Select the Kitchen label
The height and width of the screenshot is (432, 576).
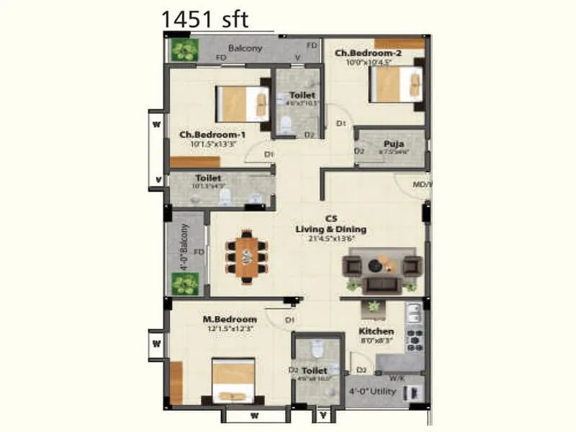376,331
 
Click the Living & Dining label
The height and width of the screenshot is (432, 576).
330,229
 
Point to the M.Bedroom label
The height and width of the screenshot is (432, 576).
230,319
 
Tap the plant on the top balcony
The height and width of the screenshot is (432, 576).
185,50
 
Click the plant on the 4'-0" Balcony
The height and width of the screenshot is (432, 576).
185,283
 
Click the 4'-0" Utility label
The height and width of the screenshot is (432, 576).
372,392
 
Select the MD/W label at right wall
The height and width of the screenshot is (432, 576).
422,184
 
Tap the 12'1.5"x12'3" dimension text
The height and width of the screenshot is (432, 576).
230,328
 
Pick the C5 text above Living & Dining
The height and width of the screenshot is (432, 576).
331,218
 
